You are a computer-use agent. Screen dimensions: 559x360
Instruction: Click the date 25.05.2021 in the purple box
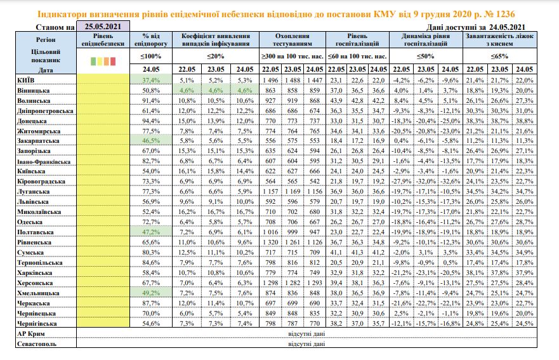(x=103, y=27)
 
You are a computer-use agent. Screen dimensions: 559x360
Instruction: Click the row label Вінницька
(x=33, y=91)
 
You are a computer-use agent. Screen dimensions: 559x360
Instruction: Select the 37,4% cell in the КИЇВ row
(x=151, y=80)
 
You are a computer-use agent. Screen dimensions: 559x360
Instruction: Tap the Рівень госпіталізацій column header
(x=357, y=39)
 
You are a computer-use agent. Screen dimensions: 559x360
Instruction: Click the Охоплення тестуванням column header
(x=293, y=39)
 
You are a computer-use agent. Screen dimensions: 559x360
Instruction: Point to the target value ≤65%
(x=499, y=57)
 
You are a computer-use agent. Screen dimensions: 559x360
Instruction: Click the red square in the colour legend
(x=113, y=62)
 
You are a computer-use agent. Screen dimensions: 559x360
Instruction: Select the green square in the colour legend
(x=93, y=62)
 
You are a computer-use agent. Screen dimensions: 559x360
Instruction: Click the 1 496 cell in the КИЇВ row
(x=270, y=80)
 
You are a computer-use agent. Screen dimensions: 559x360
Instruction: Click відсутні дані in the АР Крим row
(x=306, y=334)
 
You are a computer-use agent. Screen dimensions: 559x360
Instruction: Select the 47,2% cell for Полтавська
(x=151, y=232)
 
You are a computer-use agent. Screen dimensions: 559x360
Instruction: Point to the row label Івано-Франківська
(x=44, y=162)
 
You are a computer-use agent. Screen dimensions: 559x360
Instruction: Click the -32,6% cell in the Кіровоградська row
(x=450, y=181)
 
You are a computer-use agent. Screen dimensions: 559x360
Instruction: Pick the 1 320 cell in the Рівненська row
(x=270, y=243)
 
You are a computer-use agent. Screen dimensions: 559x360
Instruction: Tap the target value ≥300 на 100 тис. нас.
(x=293, y=57)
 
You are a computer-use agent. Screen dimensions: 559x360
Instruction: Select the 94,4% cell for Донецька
(x=151, y=121)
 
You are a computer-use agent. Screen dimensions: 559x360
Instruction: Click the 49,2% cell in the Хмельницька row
(x=151, y=293)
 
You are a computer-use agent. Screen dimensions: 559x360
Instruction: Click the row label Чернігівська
(x=37, y=324)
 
